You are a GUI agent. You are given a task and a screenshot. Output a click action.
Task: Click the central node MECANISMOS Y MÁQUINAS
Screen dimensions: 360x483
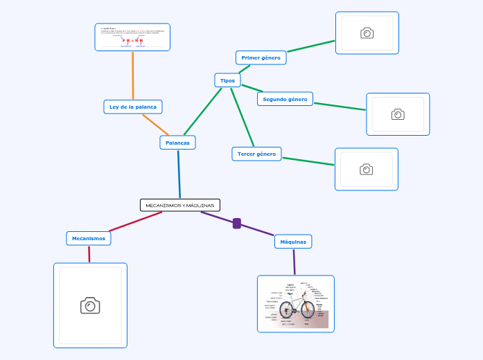click(180, 205)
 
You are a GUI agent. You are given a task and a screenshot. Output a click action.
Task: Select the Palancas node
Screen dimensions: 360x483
click(177, 143)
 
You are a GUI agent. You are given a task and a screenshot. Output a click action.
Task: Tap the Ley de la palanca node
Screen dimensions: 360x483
click(132, 107)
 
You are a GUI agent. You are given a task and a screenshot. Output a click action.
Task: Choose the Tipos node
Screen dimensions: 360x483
click(227, 80)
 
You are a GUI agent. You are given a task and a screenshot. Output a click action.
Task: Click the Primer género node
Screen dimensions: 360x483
click(261, 57)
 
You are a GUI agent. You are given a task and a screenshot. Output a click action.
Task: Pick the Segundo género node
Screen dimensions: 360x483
click(285, 99)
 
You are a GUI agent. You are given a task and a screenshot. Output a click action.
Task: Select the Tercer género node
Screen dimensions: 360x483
click(256, 154)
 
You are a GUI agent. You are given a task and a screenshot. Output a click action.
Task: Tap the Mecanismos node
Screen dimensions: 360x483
click(89, 238)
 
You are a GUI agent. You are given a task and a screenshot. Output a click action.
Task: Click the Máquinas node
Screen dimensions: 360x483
click(293, 242)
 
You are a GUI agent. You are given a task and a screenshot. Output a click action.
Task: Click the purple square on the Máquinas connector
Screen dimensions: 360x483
click(237, 223)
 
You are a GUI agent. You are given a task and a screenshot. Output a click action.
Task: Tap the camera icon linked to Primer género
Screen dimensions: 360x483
click(367, 33)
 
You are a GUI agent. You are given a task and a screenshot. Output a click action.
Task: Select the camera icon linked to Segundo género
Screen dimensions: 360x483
click(398, 114)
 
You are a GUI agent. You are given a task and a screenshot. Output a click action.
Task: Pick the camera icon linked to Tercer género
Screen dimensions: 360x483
click(366, 169)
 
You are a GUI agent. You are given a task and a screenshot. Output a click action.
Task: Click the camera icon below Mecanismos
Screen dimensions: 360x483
click(90, 305)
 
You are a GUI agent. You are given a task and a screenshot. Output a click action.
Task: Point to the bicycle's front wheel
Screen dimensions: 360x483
click(308, 309)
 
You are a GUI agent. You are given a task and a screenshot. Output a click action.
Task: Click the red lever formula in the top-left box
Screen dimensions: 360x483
click(132, 41)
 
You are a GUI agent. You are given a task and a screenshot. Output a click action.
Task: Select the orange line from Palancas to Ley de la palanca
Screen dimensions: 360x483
click(155, 125)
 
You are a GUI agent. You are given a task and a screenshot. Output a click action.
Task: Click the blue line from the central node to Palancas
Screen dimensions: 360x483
click(179, 174)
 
